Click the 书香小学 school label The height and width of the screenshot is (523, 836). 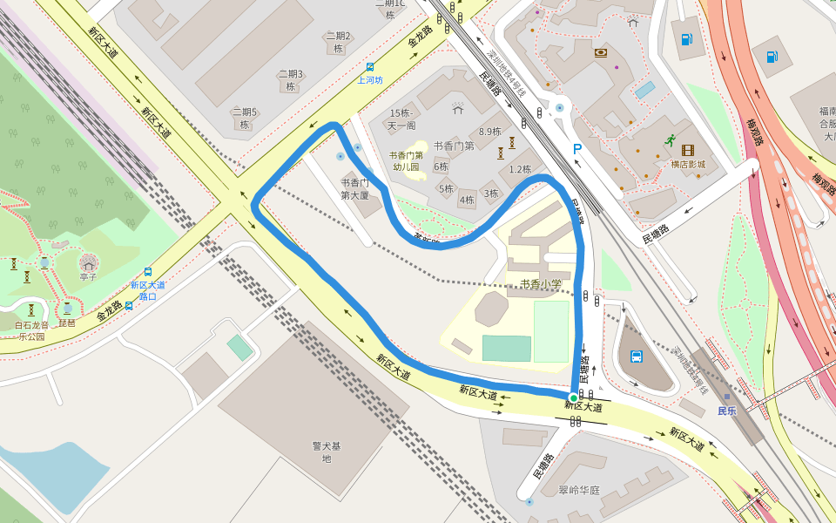(x=541, y=284)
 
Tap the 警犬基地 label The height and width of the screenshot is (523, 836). (x=327, y=452)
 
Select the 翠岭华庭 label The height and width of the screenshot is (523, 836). (x=579, y=490)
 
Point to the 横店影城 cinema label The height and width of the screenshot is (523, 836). (x=688, y=165)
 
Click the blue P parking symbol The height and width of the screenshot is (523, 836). (x=576, y=150)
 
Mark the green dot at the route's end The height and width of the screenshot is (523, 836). (x=573, y=397)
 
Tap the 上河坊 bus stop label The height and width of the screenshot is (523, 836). (x=370, y=80)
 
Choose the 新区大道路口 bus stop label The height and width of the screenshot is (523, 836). (x=148, y=290)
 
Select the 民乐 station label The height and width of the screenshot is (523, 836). (x=727, y=410)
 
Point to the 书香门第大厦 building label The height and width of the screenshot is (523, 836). (x=354, y=189)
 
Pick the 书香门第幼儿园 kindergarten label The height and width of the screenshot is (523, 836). (x=406, y=160)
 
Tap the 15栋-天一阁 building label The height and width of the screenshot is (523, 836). (x=401, y=119)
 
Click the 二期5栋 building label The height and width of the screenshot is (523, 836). (x=244, y=118)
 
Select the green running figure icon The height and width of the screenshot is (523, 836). (x=670, y=139)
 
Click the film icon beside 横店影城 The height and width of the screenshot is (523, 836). (x=688, y=151)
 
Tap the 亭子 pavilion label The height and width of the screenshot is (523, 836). (x=88, y=276)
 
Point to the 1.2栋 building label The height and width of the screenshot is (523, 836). (x=520, y=169)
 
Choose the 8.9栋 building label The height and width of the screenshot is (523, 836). (x=490, y=132)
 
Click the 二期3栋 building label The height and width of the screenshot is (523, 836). (x=290, y=80)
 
